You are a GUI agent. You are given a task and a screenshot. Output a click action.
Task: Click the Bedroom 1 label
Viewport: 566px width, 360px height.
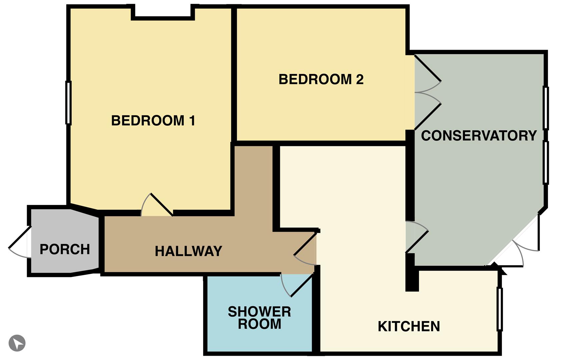153,120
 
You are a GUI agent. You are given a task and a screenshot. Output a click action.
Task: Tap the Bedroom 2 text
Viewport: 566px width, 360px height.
321,79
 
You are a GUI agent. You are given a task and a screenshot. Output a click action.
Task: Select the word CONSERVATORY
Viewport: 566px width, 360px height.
479,136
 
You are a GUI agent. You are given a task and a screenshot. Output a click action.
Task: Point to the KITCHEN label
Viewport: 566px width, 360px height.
409,326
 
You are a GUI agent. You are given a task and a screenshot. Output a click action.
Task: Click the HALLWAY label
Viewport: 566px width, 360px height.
188,251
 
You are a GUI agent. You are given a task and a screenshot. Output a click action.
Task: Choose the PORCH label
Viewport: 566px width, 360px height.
65,249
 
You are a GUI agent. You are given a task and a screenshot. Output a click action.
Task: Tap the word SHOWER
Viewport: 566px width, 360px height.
259,312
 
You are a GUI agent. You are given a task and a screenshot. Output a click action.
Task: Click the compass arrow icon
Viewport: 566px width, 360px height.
17,343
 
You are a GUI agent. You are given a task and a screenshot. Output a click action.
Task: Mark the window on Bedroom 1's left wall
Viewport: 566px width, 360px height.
68,103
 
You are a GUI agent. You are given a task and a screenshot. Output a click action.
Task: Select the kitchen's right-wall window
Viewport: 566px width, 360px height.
500,309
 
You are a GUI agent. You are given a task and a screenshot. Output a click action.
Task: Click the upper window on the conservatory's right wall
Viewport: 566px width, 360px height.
546,108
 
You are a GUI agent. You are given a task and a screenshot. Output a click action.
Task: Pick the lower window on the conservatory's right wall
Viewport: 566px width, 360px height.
546,163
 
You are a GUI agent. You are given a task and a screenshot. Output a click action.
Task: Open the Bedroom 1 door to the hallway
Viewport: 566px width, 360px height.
157,205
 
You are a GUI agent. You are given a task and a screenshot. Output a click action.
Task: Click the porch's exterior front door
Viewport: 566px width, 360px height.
20,242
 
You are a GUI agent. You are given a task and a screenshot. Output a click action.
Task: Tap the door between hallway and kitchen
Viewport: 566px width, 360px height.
305,249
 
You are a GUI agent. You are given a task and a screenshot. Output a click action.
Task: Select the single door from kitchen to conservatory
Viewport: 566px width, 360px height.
417,237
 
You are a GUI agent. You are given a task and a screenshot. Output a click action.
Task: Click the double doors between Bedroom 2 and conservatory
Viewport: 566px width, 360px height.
428,92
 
